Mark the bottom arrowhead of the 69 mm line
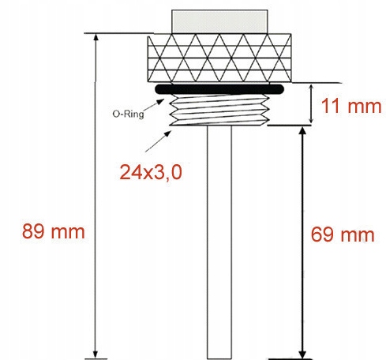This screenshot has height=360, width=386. [x=301, y=353]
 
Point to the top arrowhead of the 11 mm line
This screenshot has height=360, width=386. [x=311, y=86]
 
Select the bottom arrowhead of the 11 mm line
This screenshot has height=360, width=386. [x=311, y=119]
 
